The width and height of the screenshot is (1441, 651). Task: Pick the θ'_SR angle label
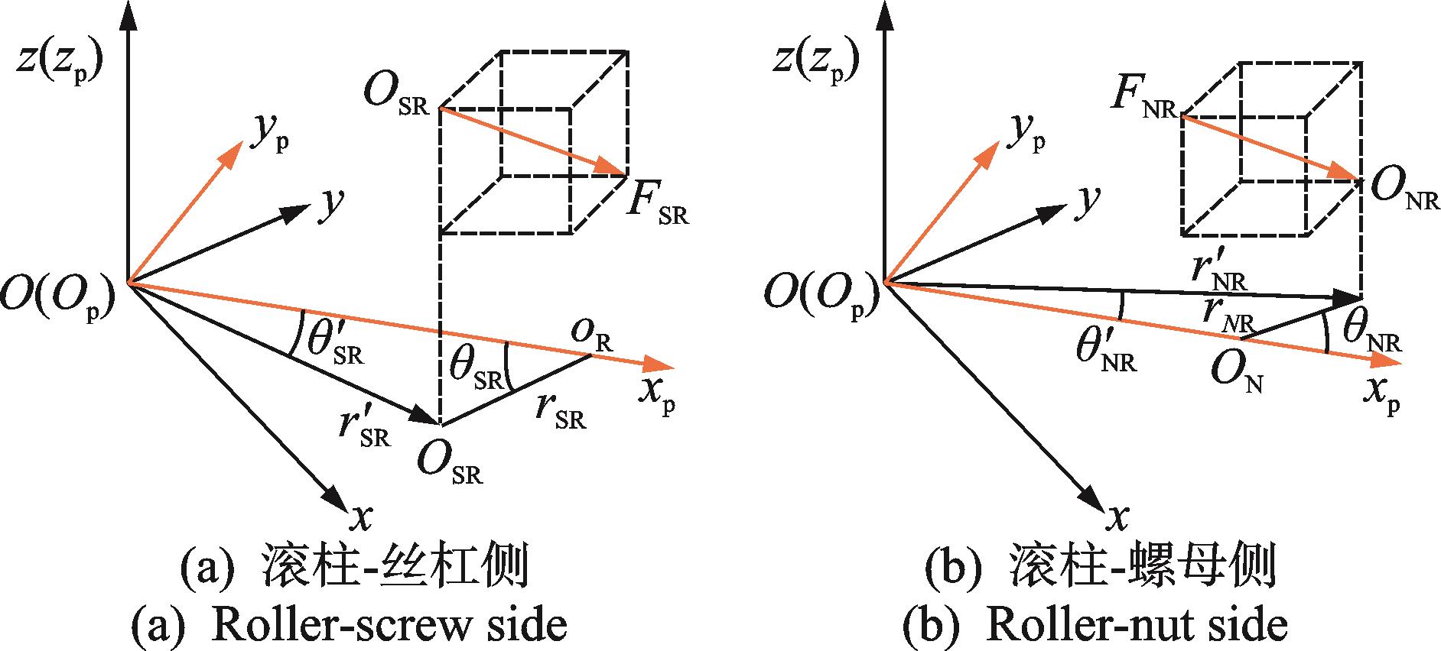coord(336,343)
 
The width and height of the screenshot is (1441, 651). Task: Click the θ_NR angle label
coord(1374,334)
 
